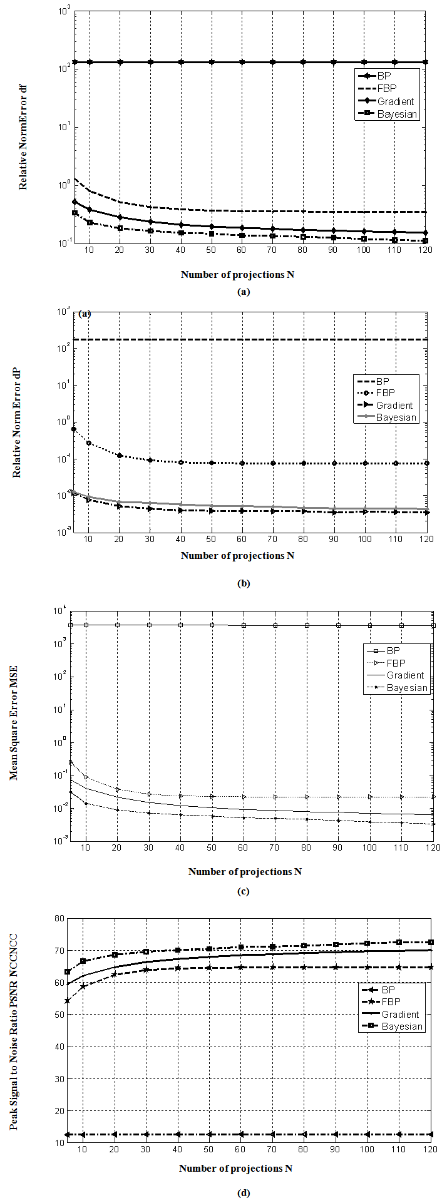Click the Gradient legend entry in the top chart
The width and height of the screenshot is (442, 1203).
pyautogui.click(x=395, y=101)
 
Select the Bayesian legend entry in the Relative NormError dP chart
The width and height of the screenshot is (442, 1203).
pyautogui.click(x=396, y=417)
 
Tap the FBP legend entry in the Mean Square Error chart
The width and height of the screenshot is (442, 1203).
pyautogui.click(x=396, y=663)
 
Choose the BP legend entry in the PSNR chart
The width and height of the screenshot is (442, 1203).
pyautogui.click(x=388, y=990)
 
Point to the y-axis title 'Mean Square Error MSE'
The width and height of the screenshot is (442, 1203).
pyautogui.click(x=13, y=722)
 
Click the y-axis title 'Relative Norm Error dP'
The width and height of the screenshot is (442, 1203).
pyautogui.click(x=17, y=424)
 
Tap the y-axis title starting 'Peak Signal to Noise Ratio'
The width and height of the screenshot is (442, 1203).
pyautogui.click(x=13, y=1032)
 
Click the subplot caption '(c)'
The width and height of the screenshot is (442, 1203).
pyautogui.click(x=244, y=891)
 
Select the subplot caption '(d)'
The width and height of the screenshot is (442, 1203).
pyautogui.click(x=244, y=1192)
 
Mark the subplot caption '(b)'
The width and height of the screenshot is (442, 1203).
pyautogui.click(x=244, y=583)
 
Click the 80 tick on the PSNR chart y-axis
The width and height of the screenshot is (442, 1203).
pyautogui.click(x=59, y=918)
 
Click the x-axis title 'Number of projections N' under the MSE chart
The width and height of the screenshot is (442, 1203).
pyautogui.click(x=245, y=871)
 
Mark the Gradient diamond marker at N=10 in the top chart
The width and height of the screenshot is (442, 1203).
pyautogui.click(x=90, y=210)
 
